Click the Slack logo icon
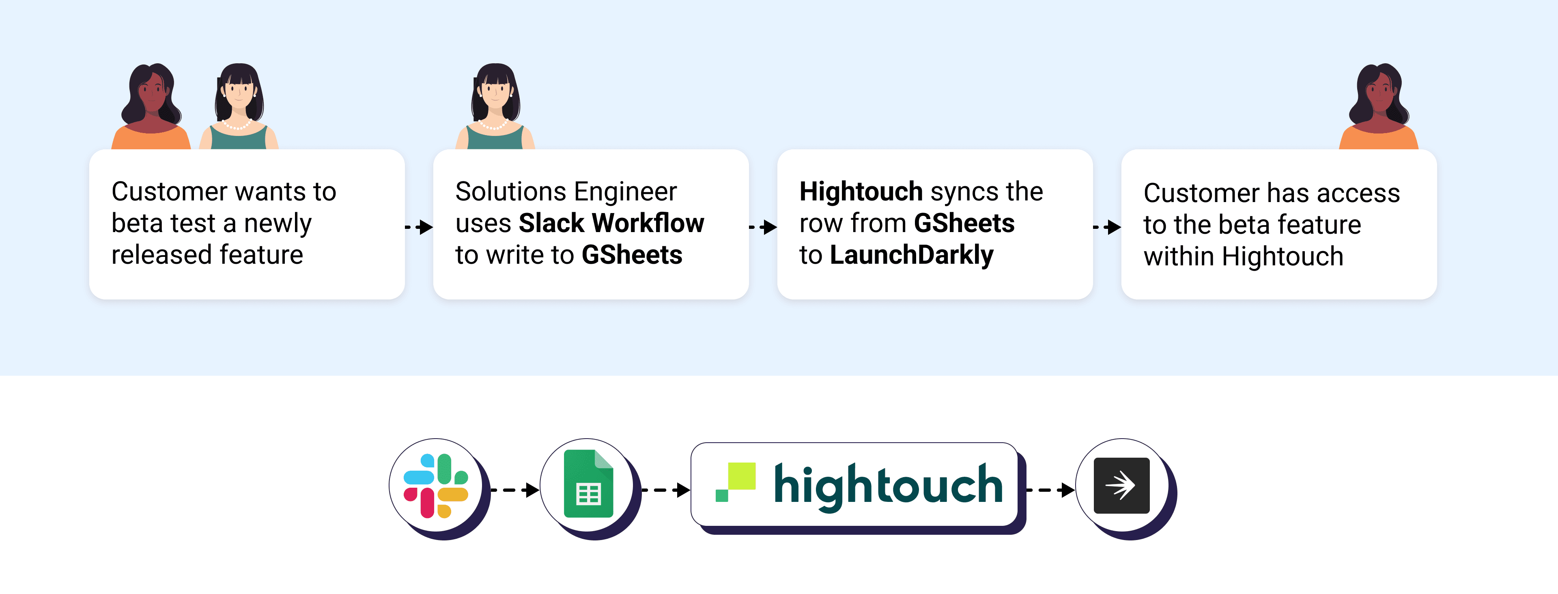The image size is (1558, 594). [435, 486]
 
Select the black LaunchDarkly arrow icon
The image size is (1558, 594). [1121, 486]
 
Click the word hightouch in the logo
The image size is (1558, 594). [888, 486]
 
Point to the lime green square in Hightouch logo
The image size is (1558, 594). [742, 476]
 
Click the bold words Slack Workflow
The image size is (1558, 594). [611, 223]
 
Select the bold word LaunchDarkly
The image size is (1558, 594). [911, 255]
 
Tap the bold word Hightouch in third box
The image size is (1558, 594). [860, 192]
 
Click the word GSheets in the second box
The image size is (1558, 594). [632, 255]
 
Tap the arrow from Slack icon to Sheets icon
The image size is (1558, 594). [515, 489]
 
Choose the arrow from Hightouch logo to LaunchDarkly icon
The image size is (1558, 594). [1050, 489]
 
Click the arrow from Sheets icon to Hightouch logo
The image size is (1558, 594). [665, 489]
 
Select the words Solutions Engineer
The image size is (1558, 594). [566, 192]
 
